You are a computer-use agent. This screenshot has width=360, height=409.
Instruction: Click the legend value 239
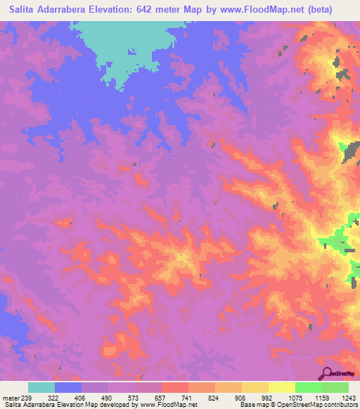[25, 397]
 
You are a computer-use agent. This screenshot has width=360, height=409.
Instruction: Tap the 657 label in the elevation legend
[160, 397]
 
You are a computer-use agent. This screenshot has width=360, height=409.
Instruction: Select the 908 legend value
[240, 397]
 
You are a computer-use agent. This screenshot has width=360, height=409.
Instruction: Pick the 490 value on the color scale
[107, 397]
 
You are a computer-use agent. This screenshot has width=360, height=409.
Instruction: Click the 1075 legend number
[294, 397]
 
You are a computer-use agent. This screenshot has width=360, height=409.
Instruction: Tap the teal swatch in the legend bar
[41, 387]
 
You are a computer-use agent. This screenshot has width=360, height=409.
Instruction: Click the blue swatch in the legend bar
[68, 387]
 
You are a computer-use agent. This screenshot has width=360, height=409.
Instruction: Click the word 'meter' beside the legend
[9, 397]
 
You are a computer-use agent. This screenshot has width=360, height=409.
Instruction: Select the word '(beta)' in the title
[333, 10]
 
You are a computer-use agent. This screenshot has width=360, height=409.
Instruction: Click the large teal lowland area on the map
[130, 42]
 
